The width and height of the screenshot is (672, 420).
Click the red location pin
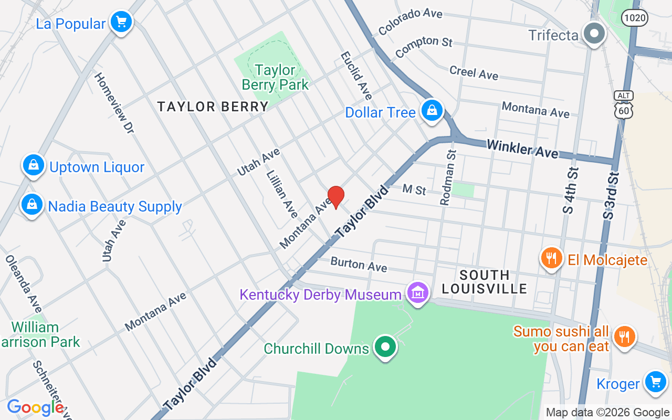click(335, 197)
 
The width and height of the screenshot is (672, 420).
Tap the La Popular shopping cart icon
click(121, 23)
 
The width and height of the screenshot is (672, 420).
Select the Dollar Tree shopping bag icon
click(432, 111)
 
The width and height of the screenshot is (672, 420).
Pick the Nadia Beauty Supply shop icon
click(32, 205)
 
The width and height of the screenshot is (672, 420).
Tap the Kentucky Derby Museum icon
click(418, 293)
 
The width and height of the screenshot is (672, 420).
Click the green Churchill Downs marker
click(386, 348)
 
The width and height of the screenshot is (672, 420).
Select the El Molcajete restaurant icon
click(551, 258)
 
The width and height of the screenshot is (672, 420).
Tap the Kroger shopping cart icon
click(655, 382)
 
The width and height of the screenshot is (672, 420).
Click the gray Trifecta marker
click(594, 34)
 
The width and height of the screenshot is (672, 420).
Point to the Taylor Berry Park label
click(275, 77)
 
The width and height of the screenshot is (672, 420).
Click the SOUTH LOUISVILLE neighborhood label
click(484, 282)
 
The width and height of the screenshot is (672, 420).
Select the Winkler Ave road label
click(522, 149)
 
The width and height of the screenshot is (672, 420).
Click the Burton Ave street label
click(359, 264)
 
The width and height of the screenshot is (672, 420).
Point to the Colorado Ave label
click(410, 22)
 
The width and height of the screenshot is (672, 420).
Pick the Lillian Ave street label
click(282, 193)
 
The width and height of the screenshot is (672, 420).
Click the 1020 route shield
click(634, 18)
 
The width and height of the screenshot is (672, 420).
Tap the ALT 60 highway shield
click(623, 104)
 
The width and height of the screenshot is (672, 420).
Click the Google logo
click(35, 407)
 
